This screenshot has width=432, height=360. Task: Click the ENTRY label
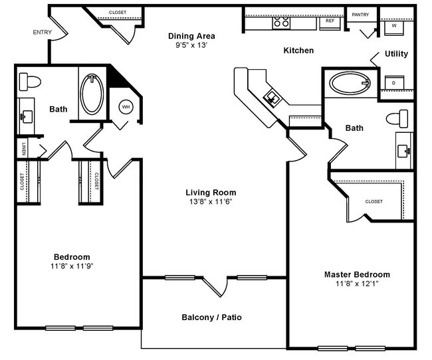click(43, 32)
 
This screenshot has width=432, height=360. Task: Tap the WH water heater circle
click(126, 108)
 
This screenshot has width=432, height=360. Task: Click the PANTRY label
click(360, 14)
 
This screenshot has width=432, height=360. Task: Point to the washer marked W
click(394, 26)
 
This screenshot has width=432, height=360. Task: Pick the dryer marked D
click(393, 82)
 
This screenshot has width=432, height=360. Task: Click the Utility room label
click(396, 54)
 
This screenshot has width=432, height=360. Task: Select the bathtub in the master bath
click(350, 84)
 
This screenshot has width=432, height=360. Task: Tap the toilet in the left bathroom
click(30, 82)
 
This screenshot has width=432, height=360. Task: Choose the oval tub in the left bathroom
click(92, 95)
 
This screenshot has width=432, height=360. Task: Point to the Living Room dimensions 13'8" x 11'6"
click(211, 201)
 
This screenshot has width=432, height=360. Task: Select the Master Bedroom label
click(357, 274)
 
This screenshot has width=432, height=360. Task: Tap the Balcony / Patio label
click(211, 317)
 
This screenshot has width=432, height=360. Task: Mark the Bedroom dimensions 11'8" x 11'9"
click(72, 266)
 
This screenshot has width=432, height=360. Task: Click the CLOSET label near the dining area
click(118, 13)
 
